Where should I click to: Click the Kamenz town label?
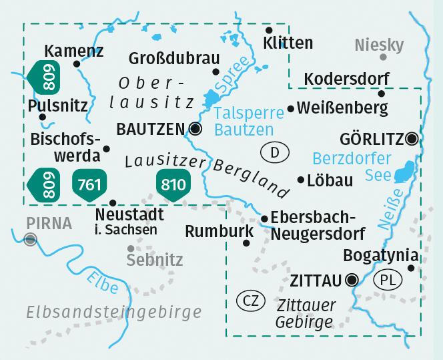[73, 51]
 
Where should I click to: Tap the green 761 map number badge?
[89, 184]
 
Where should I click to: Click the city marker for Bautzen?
[195, 128]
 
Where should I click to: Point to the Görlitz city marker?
[412, 139]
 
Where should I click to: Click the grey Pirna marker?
[29, 240]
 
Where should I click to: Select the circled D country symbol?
[275, 153]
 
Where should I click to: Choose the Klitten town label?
[288, 43]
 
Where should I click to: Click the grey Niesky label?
[379, 45]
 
